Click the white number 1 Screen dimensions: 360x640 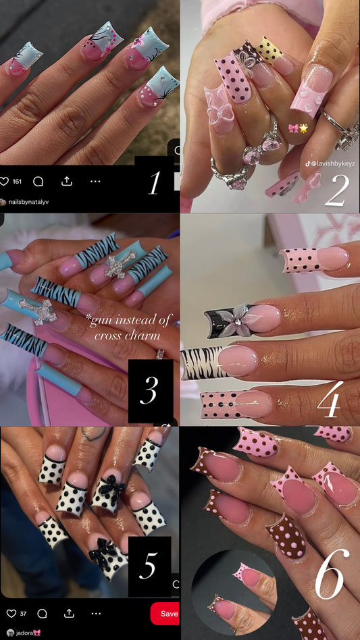(154, 183)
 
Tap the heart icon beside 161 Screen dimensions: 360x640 (5, 182)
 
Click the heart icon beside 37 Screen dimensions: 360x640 (11, 614)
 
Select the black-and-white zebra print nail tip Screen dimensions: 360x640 (203, 363)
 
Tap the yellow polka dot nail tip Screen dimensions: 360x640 (269, 50)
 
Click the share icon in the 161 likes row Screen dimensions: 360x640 (67, 182)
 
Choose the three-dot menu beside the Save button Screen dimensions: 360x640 (95, 614)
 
